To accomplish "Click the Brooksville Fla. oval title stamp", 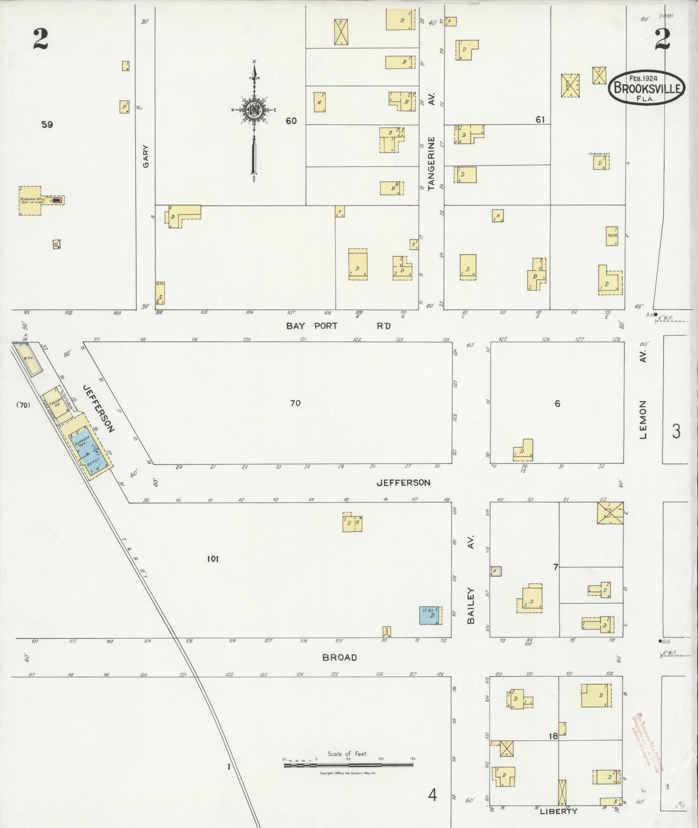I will (x=647, y=88).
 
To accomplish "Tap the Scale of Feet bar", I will (x=348, y=765).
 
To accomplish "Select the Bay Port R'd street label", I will (x=338, y=326).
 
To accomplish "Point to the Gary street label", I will (x=146, y=156).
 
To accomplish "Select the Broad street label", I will (x=340, y=657).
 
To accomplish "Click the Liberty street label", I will (x=558, y=811).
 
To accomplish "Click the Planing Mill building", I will (x=30, y=200).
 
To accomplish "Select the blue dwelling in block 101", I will (x=431, y=615).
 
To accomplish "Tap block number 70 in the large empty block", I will (x=295, y=403).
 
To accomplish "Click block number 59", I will (x=47, y=125).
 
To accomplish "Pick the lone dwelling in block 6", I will (x=524, y=451).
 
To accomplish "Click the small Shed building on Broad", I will (x=387, y=631).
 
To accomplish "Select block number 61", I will (x=540, y=119).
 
